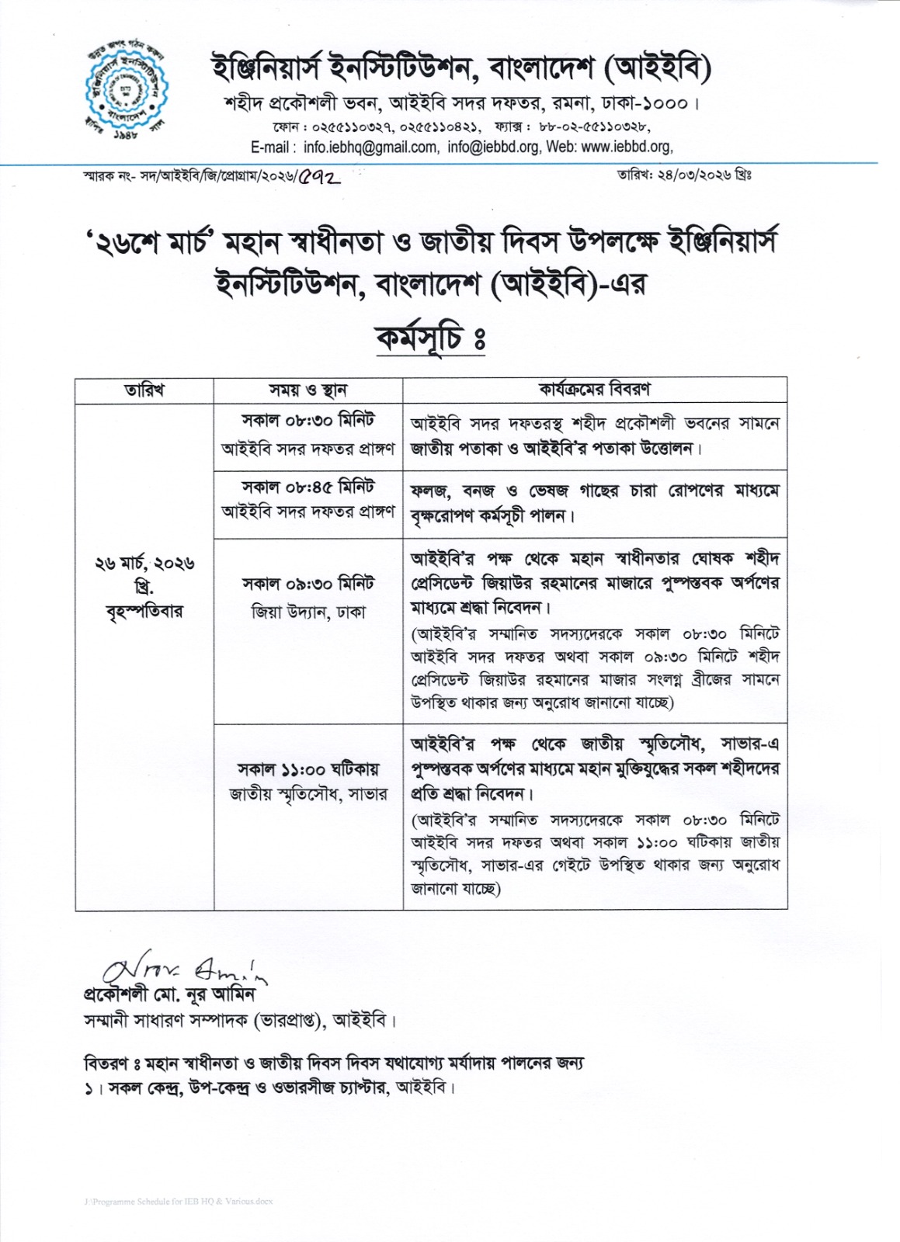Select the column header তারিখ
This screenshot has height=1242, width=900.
144,390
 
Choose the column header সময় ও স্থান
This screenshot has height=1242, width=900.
308,390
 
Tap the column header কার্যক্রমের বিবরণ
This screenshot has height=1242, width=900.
595,390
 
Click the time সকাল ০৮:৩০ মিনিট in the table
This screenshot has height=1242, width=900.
308,421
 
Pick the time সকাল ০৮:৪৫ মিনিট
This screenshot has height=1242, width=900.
308,488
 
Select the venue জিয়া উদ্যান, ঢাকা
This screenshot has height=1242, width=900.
308,612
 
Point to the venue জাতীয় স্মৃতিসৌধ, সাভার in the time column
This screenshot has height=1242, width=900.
308,794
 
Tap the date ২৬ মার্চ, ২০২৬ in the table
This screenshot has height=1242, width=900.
144,562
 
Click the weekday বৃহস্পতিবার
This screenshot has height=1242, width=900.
144,612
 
